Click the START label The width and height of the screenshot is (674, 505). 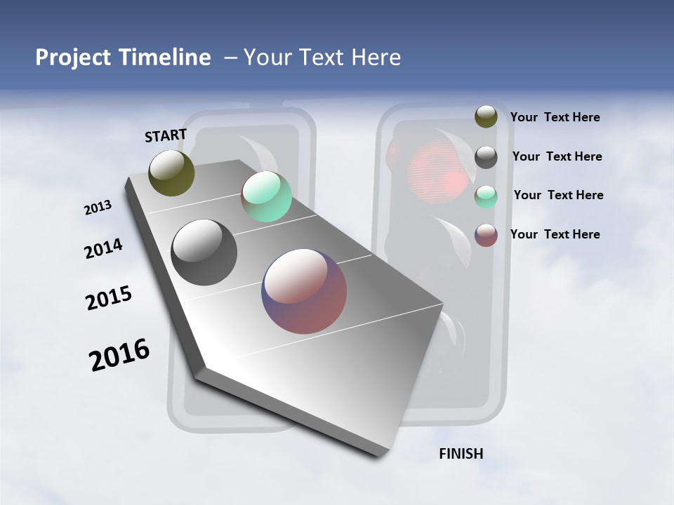pos(166,135)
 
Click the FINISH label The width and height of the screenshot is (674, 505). pos(461,454)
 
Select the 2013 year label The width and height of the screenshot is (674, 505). pos(98,208)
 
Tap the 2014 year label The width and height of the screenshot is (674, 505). pos(104,248)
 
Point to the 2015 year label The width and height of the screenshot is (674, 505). pos(109,297)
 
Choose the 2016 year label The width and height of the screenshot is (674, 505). pos(119,355)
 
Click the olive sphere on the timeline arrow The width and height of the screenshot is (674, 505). pos(171,173)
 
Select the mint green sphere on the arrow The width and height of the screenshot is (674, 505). pos(266,196)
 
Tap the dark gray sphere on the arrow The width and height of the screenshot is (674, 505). pos(204,252)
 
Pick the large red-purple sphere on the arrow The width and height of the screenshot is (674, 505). pos(304,291)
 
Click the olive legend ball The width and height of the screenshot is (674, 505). pos(486,116)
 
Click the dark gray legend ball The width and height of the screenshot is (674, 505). pos(486,157)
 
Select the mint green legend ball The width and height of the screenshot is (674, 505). pos(486,197)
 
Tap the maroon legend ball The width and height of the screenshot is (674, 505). pos(486,235)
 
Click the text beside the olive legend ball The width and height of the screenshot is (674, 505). pos(555,117)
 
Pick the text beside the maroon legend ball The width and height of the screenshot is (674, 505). pos(555,234)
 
